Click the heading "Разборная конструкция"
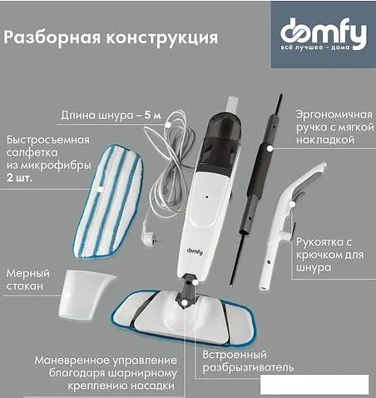[111, 37]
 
